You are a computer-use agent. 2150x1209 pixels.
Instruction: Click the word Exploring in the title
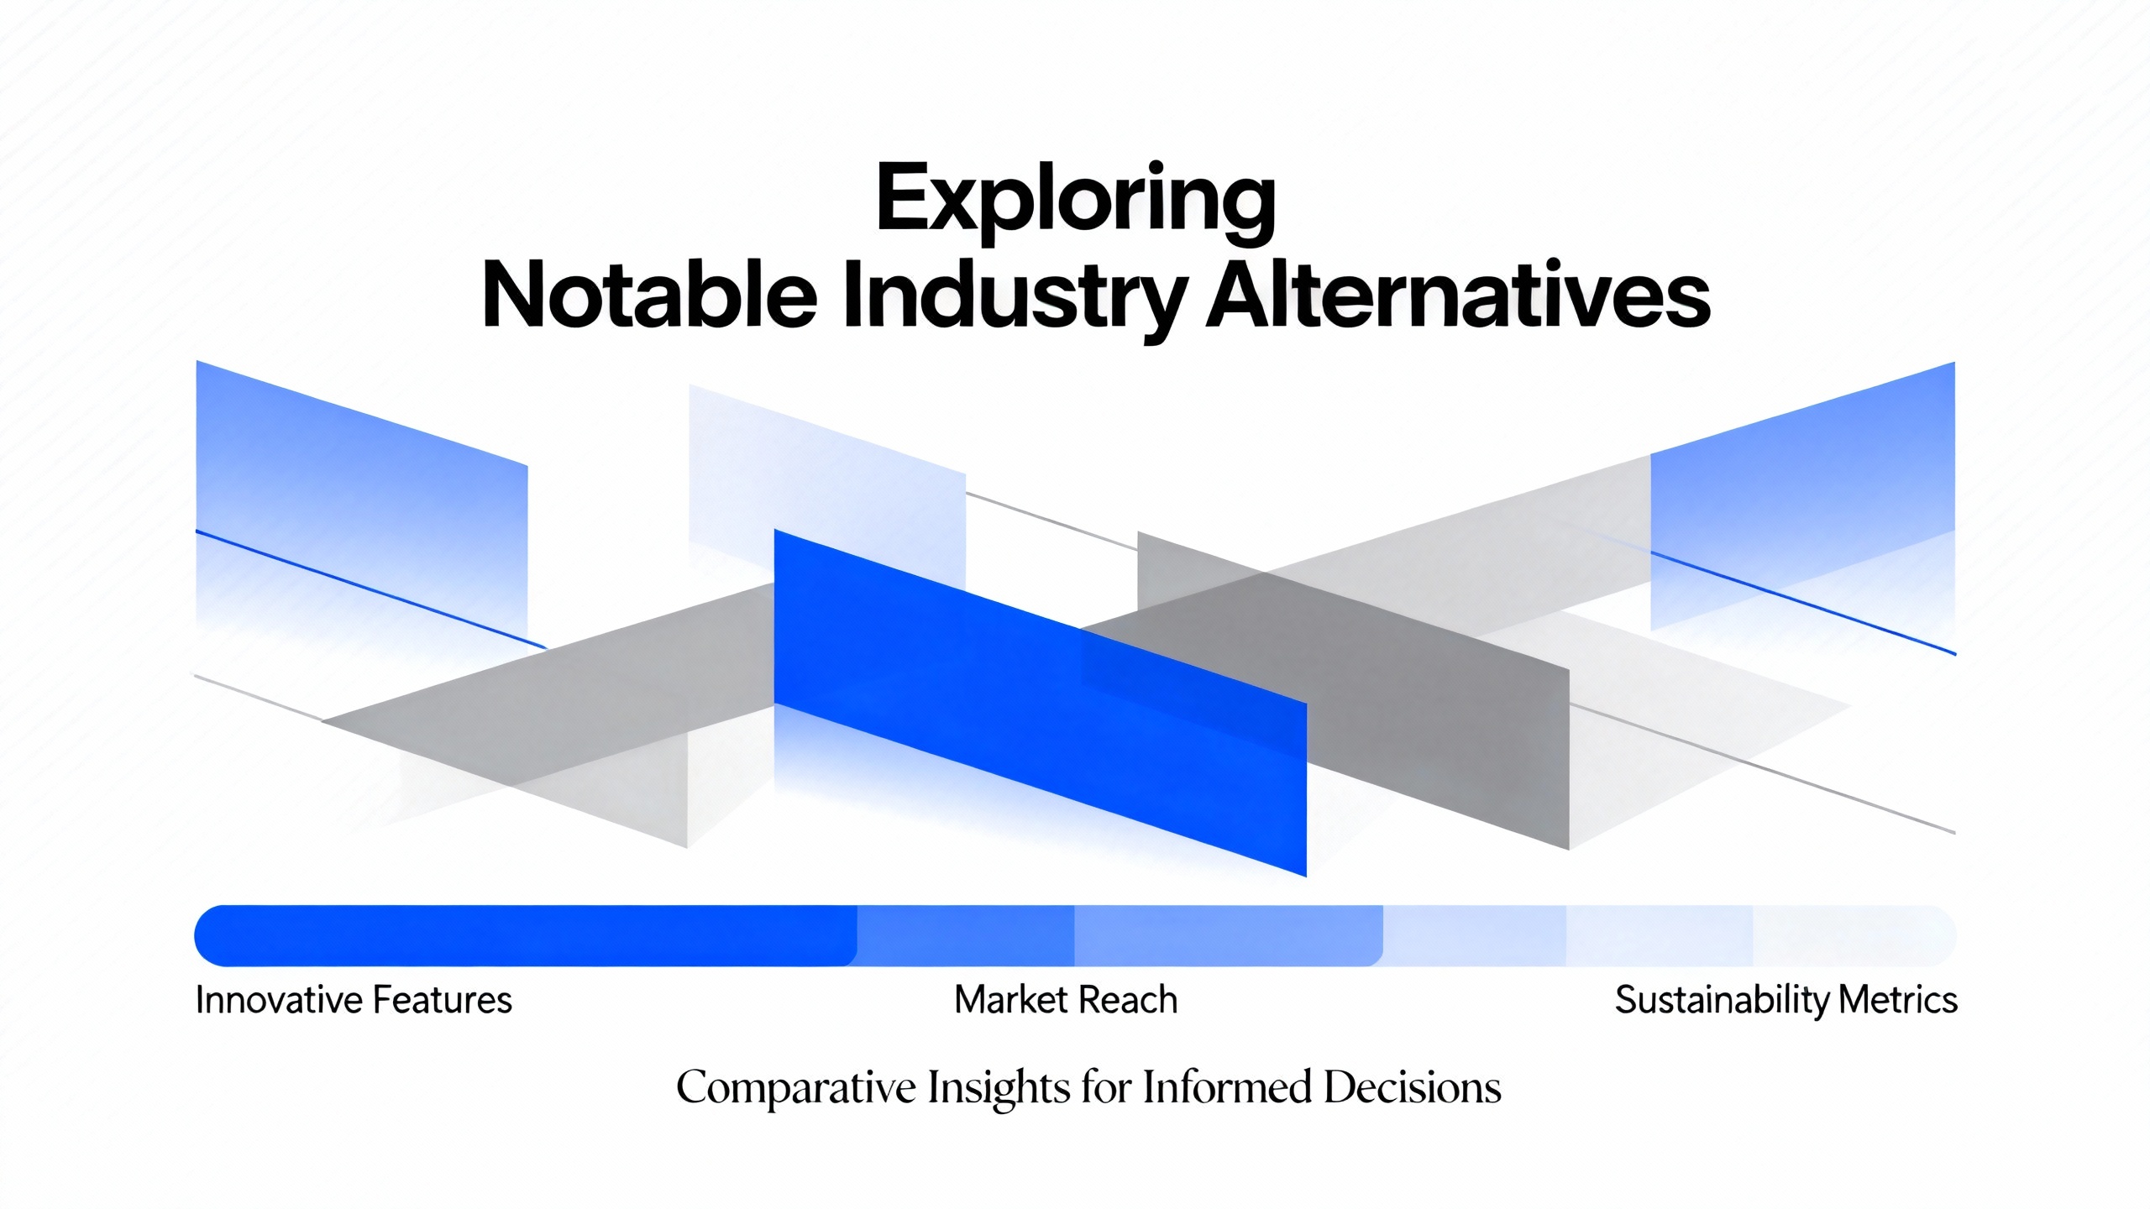[1076, 201]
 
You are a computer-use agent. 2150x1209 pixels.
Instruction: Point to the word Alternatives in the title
[1459, 296]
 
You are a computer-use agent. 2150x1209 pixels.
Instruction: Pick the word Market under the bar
[1010, 1000]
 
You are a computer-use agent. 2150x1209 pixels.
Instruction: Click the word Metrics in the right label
[1898, 1000]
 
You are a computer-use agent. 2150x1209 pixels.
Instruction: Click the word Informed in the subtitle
[1229, 1087]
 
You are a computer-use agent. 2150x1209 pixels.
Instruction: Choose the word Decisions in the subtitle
[1413, 1087]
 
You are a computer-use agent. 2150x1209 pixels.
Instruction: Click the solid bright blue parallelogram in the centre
[1040, 703]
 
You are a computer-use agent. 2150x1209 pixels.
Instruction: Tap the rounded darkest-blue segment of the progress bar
[526, 935]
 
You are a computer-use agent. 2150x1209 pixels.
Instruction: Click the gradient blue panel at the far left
[362, 504]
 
